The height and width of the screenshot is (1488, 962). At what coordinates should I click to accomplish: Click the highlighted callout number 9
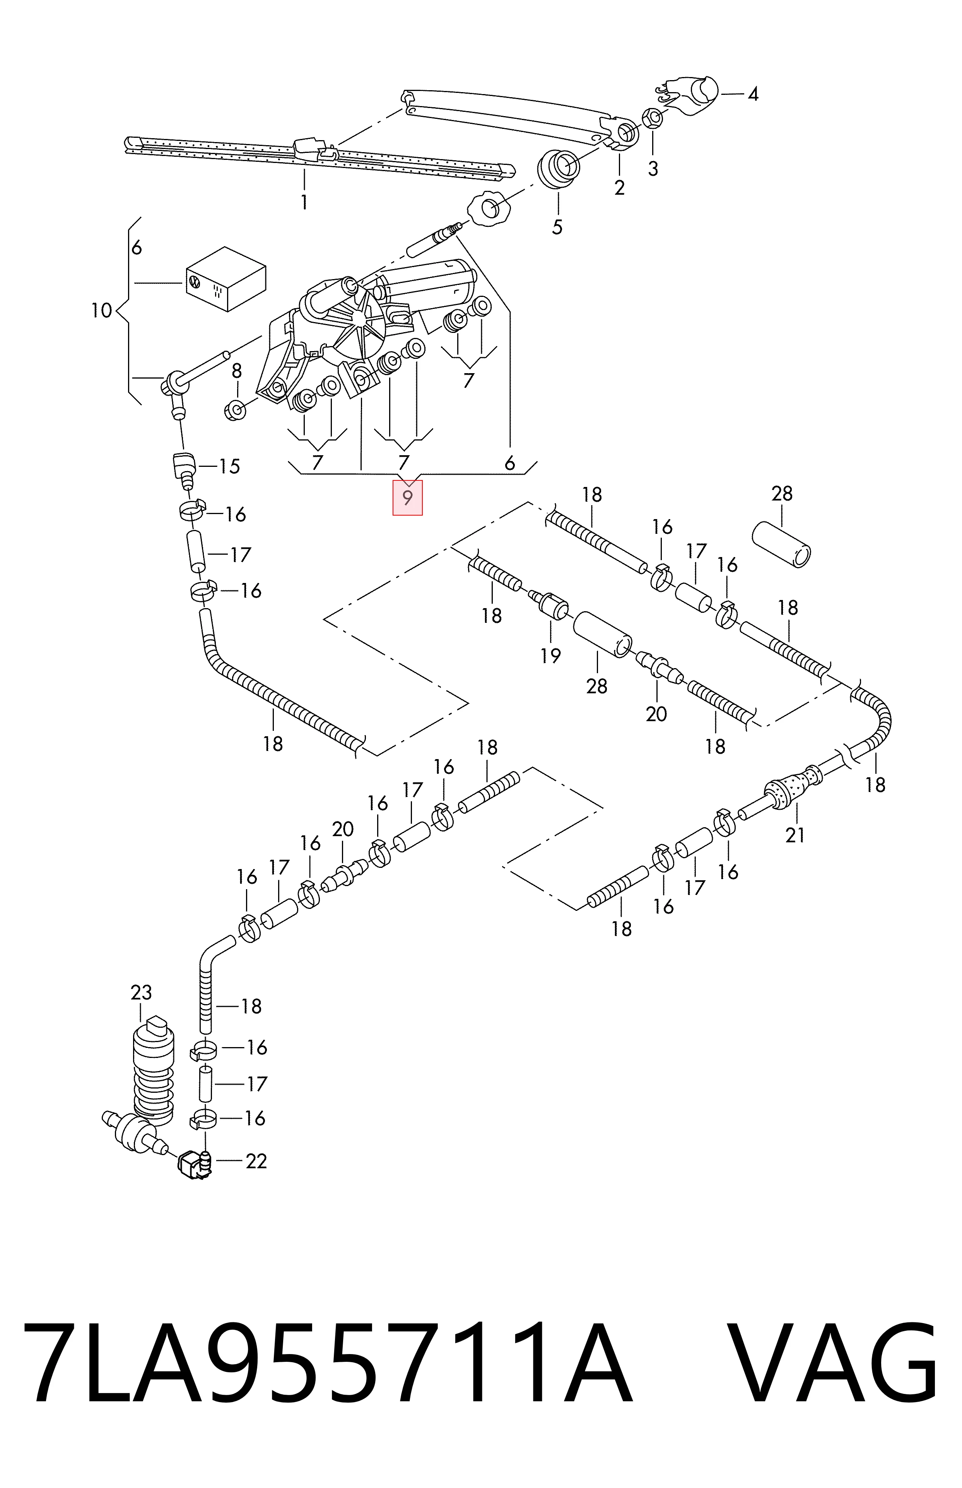coord(407,498)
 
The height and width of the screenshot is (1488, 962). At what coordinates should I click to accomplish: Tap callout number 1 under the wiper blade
coord(304,202)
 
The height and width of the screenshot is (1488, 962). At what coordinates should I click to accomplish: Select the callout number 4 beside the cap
coord(754,94)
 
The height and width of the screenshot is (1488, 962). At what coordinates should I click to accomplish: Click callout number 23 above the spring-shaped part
coord(141,993)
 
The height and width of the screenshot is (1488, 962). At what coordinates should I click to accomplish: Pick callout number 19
coord(550,656)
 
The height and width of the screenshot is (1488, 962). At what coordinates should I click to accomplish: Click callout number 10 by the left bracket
coord(101,310)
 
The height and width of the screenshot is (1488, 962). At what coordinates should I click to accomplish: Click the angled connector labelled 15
coord(183,466)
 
